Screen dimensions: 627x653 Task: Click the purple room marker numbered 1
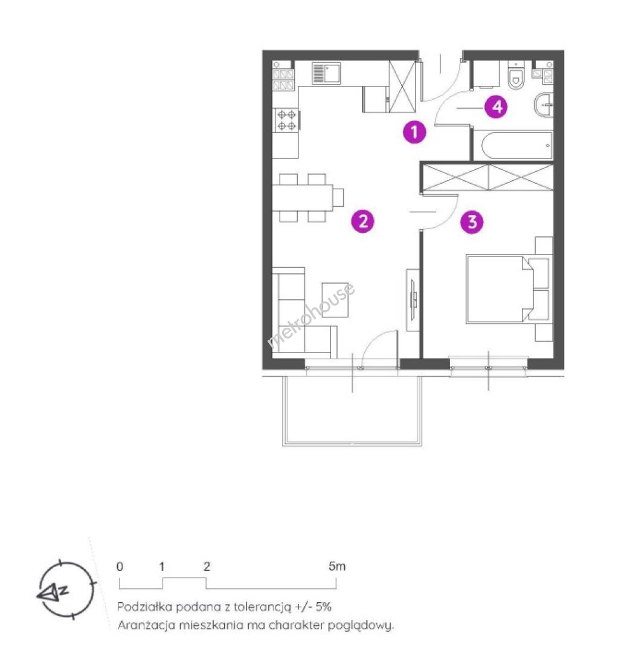[x=414, y=132]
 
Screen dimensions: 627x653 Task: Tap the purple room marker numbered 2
[x=363, y=221]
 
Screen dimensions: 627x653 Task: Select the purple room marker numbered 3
[x=472, y=221]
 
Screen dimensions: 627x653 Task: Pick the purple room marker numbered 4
[x=497, y=106]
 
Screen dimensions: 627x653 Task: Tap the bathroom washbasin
[x=544, y=105]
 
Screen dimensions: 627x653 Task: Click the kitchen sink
[x=326, y=73]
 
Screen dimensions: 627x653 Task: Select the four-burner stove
[x=286, y=120]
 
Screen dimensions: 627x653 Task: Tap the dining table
[x=303, y=198]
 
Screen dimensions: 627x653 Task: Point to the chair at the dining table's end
[x=338, y=197]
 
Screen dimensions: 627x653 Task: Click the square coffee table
[x=335, y=300]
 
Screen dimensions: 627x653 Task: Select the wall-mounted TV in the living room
[x=413, y=299]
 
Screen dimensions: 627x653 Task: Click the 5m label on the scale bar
[x=337, y=567]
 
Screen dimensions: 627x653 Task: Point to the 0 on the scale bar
[x=120, y=567]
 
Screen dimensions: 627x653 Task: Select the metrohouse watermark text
[x=311, y=315]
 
